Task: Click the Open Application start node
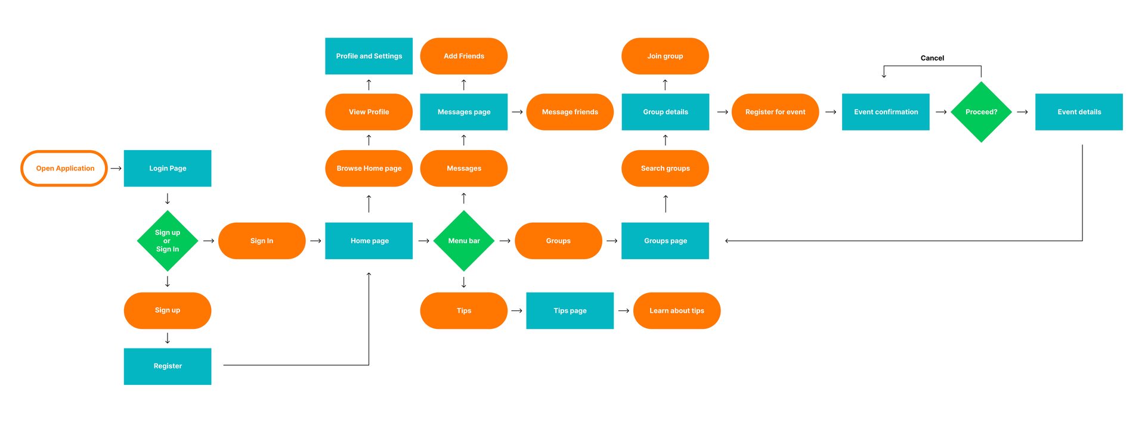[x=64, y=168]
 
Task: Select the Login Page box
[x=168, y=168]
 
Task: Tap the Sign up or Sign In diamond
[x=168, y=241]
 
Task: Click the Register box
[x=168, y=366]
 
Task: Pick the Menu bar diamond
[x=464, y=241]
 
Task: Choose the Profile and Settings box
[x=369, y=56]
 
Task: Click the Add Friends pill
[x=464, y=56]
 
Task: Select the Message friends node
[x=570, y=112]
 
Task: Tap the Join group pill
[x=665, y=56]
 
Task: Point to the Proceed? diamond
[x=981, y=112]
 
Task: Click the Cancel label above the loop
[x=932, y=58]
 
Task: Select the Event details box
[x=1079, y=112]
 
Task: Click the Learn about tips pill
[x=676, y=310]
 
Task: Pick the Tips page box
[x=570, y=310]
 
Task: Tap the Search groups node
[x=665, y=168]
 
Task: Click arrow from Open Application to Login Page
[x=116, y=168]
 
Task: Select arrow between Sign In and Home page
[x=315, y=241]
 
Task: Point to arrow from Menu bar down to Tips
[x=464, y=282]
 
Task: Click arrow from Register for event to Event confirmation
[x=830, y=112]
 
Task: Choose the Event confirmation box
[x=886, y=112]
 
